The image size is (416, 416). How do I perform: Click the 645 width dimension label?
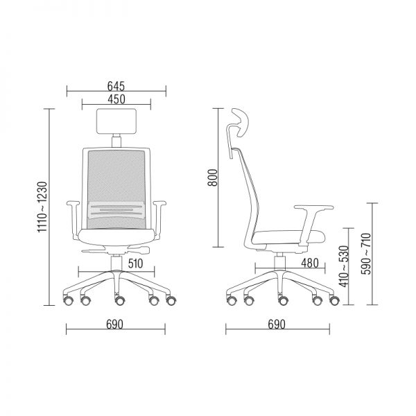pyautogui.click(x=116, y=86)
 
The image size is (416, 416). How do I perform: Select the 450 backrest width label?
pyautogui.click(x=116, y=99)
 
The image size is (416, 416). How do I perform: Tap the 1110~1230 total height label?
pyautogui.click(x=42, y=207)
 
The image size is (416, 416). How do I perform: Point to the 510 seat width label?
pyautogui.click(x=135, y=263)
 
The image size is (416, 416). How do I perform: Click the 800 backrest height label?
pyautogui.click(x=213, y=177)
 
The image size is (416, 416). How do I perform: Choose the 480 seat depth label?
pyautogui.click(x=310, y=263)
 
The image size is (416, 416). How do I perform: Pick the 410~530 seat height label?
pyautogui.click(x=344, y=266)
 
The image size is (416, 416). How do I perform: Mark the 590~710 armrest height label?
pyautogui.click(x=367, y=254)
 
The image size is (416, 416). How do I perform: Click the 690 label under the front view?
pyautogui.click(x=114, y=324)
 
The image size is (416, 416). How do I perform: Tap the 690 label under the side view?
pyautogui.click(x=277, y=324)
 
